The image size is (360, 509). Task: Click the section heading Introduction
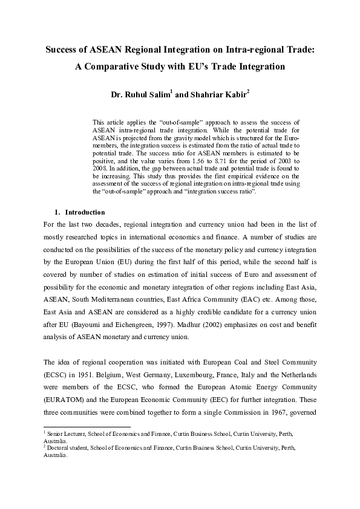click(x=85, y=212)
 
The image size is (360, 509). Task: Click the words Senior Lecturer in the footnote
click(x=65, y=434)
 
